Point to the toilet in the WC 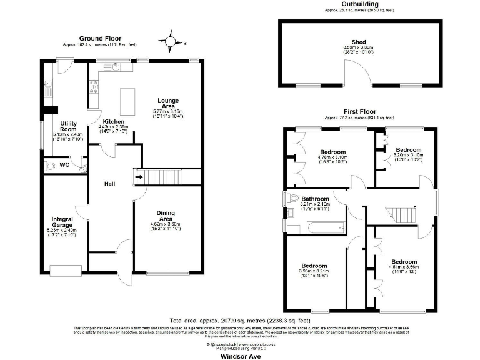pyautogui.click(x=49, y=166)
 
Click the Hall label pyautogui.click(x=110, y=183)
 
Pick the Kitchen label pyautogui.click(x=113, y=121)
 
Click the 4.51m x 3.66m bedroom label pyautogui.click(x=404, y=262)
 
